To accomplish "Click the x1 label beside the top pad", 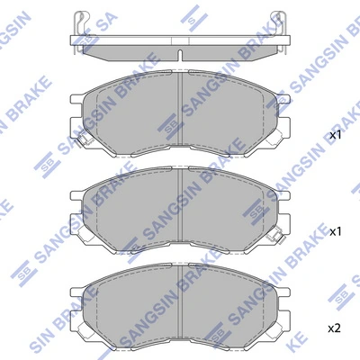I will tap(336, 135).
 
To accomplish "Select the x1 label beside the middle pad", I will tap(336, 232).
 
